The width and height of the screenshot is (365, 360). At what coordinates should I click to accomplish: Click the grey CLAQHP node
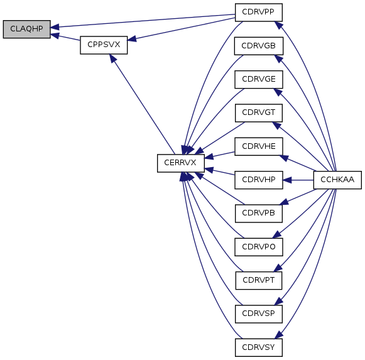point(27,29)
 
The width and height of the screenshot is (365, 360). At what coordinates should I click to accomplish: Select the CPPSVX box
point(104,45)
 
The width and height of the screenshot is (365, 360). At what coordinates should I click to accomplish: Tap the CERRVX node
point(181,163)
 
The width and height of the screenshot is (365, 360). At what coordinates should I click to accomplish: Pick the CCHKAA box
point(337,180)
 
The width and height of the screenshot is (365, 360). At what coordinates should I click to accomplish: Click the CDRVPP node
point(259,13)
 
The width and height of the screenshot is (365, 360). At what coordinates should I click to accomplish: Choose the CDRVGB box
point(259,46)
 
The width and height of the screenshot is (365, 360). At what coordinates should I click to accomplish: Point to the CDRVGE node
point(259,79)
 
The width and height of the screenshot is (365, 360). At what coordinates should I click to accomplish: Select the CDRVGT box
point(259,113)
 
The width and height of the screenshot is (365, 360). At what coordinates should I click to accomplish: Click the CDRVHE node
point(259,146)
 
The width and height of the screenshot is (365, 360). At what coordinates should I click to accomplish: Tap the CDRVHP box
point(259,180)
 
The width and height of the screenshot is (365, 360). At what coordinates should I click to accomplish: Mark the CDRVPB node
point(259,214)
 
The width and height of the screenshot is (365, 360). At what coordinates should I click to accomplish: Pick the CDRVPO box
point(259,247)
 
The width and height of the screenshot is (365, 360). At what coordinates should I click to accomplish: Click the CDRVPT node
point(259,281)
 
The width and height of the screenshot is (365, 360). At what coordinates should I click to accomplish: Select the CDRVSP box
point(259,314)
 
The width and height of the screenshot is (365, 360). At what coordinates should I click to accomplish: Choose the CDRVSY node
point(259,347)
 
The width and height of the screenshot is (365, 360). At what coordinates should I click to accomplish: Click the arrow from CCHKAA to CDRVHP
point(298,180)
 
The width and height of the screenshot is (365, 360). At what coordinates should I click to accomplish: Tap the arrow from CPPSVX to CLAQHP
point(65,37)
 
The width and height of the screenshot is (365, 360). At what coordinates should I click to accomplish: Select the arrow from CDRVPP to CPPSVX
point(182,29)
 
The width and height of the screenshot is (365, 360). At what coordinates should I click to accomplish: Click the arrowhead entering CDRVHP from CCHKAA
point(287,180)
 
